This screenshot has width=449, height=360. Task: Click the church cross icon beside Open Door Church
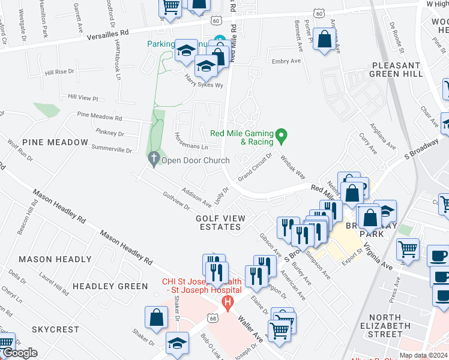pos(154,160)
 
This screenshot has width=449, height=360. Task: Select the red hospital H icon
pos(227,304)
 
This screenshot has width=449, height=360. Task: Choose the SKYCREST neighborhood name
pos(55,329)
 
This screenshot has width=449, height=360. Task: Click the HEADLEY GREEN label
pos(110,286)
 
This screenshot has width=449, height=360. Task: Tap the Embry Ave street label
pos(286,61)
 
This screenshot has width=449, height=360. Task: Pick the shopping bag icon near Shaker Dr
pos(156,317)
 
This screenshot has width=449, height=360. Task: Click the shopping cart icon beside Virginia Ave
pos(408,248)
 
